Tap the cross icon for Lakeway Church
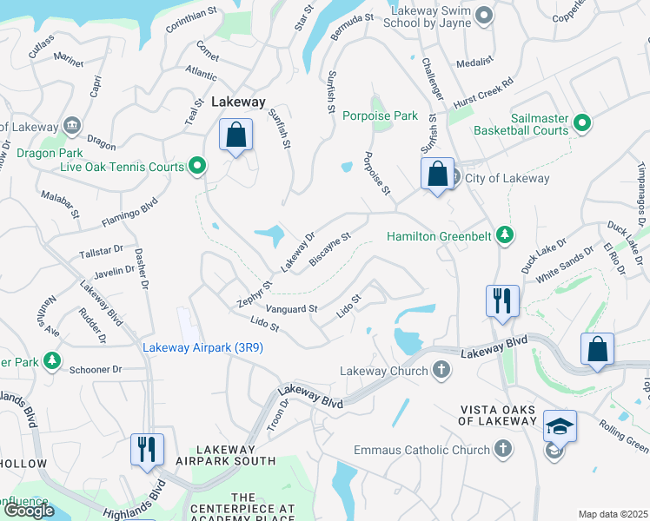click(x=441, y=371)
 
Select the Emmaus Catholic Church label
click(x=421, y=450)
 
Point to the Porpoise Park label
click(x=380, y=115)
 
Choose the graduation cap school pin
click(x=560, y=426)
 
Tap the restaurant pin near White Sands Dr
click(x=503, y=300)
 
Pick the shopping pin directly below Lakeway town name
click(x=235, y=135)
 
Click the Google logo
click(x=28, y=511)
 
